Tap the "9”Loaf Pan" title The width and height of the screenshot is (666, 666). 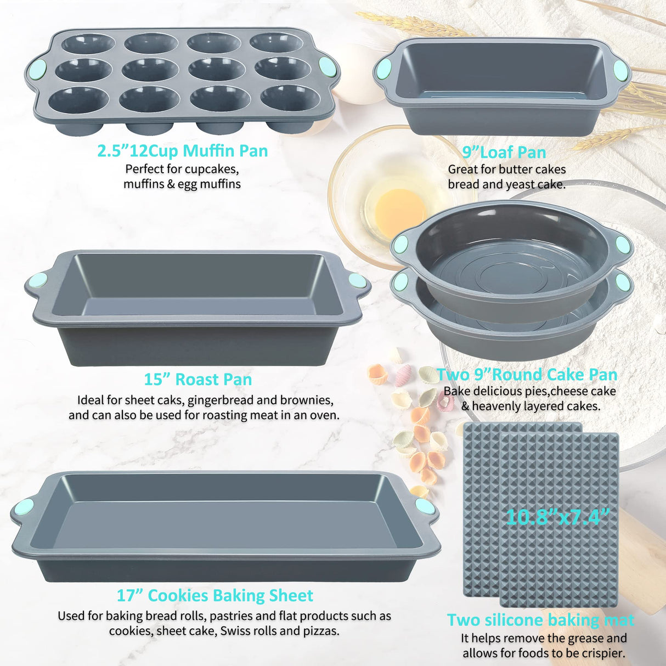point(504,152)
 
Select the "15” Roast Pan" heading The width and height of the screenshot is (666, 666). point(198,380)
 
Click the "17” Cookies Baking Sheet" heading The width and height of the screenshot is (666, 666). point(215,596)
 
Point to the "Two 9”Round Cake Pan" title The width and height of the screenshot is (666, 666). point(527,375)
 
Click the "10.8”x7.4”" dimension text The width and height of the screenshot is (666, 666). point(557,517)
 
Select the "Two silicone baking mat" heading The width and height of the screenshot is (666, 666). point(540,620)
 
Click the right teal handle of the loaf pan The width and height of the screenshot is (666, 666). point(620,70)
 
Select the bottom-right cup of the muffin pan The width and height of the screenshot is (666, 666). point(290,98)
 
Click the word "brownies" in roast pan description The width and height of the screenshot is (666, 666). point(306,400)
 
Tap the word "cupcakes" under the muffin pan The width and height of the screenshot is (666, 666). point(211,169)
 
